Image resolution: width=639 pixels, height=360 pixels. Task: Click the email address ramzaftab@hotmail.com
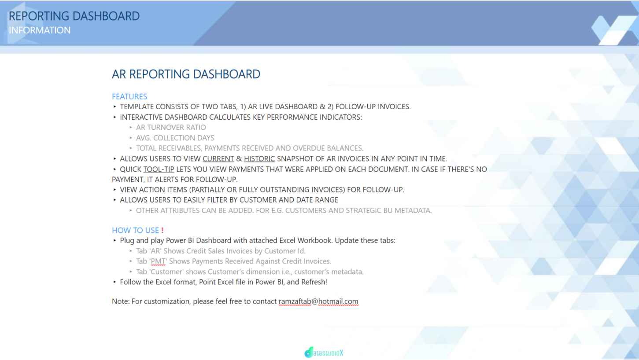(318, 301)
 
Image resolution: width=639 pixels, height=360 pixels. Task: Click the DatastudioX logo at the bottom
(324, 353)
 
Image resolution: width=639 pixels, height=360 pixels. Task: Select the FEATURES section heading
(129, 96)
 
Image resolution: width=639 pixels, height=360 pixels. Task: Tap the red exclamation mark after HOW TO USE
(163, 230)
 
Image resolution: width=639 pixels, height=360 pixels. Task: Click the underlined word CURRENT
(218, 158)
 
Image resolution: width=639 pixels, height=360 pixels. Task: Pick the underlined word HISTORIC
(259, 158)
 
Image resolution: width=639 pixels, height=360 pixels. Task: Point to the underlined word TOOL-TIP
(159, 169)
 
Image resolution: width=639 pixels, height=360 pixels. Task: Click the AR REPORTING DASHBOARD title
(186, 74)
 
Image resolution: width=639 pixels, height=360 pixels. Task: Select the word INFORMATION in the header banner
(40, 30)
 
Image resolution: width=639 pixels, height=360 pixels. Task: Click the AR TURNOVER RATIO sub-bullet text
(171, 127)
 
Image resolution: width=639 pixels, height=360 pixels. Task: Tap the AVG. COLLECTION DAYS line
(175, 138)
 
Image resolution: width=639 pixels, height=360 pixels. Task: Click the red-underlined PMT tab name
(158, 261)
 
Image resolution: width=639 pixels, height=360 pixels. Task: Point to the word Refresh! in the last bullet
(314, 282)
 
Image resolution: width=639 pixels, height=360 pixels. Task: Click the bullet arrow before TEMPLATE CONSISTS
(115, 107)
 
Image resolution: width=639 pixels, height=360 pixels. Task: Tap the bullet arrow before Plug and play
(115, 240)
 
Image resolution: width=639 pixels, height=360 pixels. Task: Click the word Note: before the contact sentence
(121, 301)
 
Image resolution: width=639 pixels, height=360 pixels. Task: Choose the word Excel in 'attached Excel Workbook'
(287, 240)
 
